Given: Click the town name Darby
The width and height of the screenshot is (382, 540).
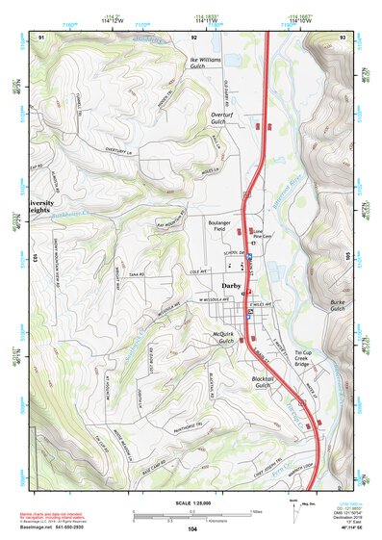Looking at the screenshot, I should [230, 285].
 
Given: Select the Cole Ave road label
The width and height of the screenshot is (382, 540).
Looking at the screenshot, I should [198, 272].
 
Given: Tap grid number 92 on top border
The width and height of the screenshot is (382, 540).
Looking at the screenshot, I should [194, 37].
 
